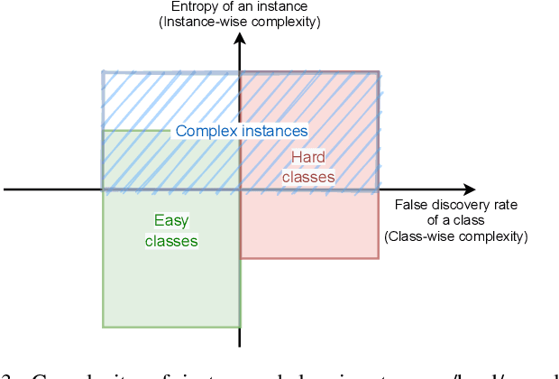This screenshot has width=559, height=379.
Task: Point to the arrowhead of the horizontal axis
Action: click(x=469, y=189)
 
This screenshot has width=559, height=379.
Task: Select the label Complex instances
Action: click(x=242, y=131)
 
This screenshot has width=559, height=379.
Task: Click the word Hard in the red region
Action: click(x=307, y=158)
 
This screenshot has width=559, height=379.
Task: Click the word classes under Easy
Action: click(x=171, y=241)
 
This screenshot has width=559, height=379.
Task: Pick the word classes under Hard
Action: click(x=308, y=177)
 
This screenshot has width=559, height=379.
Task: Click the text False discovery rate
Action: click(x=456, y=205)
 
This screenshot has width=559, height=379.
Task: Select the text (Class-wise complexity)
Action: click(x=456, y=236)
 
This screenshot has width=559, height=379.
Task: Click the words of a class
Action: click(x=456, y=220)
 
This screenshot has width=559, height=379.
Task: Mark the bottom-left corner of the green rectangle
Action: click(x=103, y=326)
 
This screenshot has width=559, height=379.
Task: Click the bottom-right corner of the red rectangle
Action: click(x=378, y=258)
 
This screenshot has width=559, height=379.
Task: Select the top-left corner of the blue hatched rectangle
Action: click(x=102, y=71)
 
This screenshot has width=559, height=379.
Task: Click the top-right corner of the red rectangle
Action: click(x=378, y=71)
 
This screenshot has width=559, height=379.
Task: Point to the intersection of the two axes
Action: click(x=239, y=189)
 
